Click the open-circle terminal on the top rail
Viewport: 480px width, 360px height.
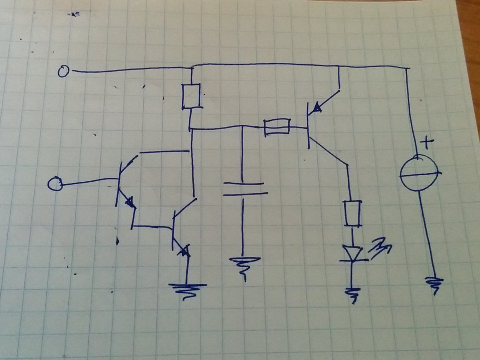click(x=63, y=72)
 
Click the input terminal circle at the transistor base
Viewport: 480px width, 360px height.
click(x=55, y=184)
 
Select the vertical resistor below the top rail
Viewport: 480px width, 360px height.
click(x=191, y=96)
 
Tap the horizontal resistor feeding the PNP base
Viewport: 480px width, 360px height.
click(x=276, y=127)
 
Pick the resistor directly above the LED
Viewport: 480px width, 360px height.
click(x=352, y=214)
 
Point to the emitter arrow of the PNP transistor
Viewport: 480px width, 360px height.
click(x=317, y=107)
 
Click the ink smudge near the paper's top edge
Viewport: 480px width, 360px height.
click(x=74, y=14)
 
